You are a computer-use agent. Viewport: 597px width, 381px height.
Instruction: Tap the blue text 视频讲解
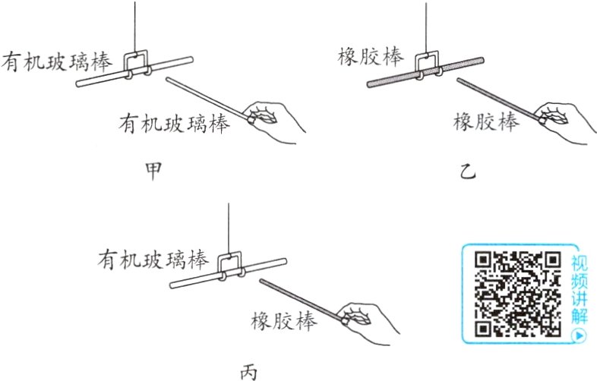coord(580,289)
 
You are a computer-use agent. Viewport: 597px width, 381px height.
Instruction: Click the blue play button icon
coord(580,333)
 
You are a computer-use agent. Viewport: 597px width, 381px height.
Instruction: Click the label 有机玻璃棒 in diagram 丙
coord(153,260)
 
